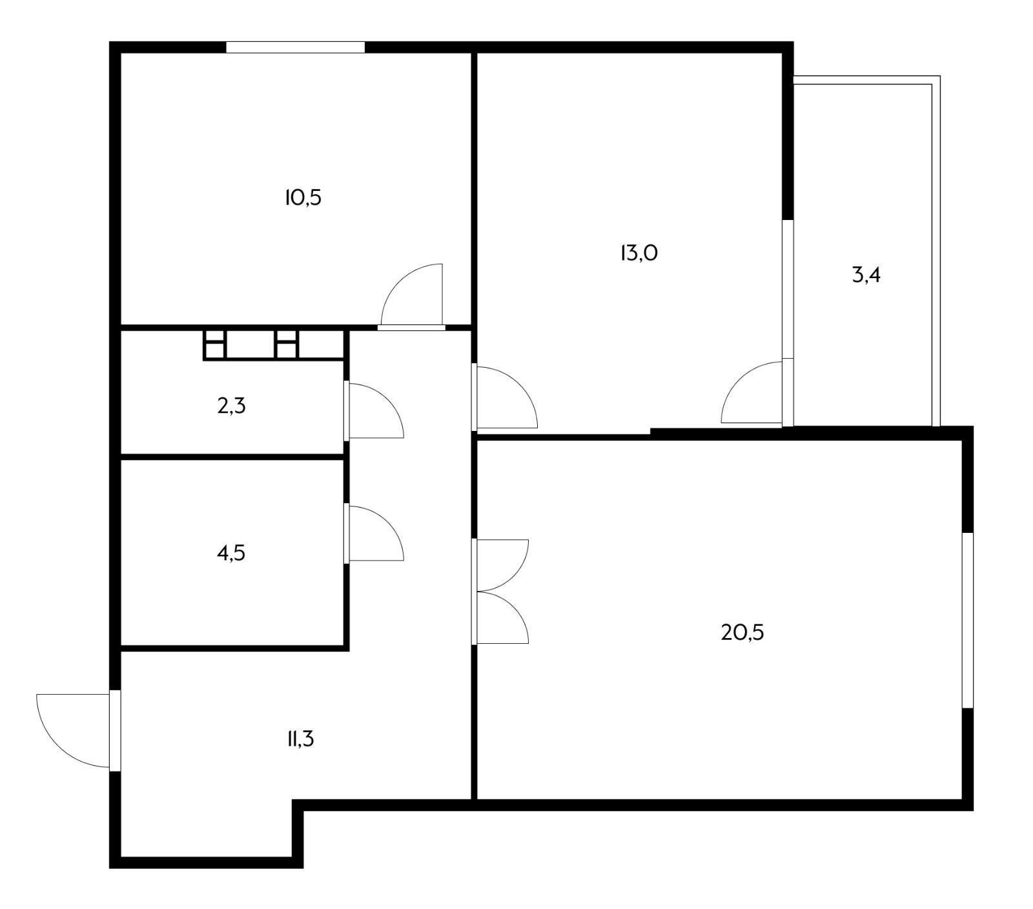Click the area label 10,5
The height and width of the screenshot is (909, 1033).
303,197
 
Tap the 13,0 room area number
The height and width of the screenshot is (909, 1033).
639,253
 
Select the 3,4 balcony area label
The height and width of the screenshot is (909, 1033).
866,275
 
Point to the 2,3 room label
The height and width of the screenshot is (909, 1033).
232,406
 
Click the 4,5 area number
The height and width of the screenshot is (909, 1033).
232,553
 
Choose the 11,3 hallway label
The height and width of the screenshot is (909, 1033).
300,739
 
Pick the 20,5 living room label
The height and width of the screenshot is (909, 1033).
742,632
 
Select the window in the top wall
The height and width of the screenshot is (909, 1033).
295,47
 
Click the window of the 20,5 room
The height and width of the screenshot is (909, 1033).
967,620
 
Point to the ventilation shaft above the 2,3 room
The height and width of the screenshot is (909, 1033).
274,345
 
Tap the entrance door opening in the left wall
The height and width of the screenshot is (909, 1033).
115,730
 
